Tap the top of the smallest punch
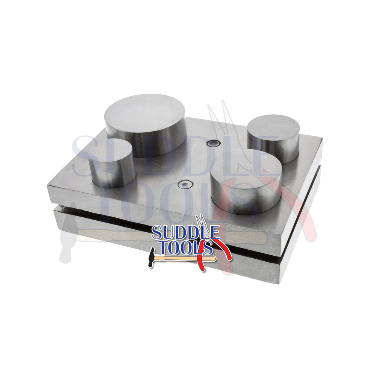[x=111, y=150]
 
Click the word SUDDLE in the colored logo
[x=186, y=233]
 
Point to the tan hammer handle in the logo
[x=180, y=259]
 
